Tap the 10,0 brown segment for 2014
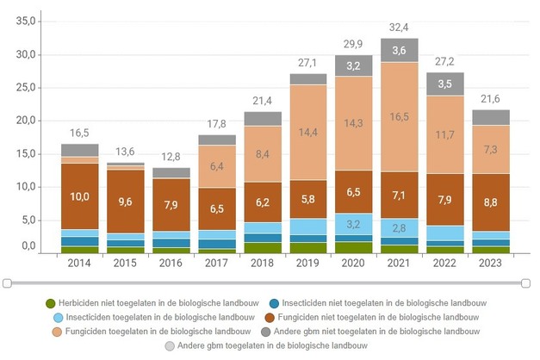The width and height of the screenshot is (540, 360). coord(79,196)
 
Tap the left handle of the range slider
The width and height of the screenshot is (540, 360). coord(7,282)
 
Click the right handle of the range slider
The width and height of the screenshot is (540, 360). coord(525,282)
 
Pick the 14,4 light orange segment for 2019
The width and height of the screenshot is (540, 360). coord(308,133)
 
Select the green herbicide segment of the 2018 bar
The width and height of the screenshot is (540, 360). coord(263,248)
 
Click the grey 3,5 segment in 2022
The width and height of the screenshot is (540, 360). coord(445,84)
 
